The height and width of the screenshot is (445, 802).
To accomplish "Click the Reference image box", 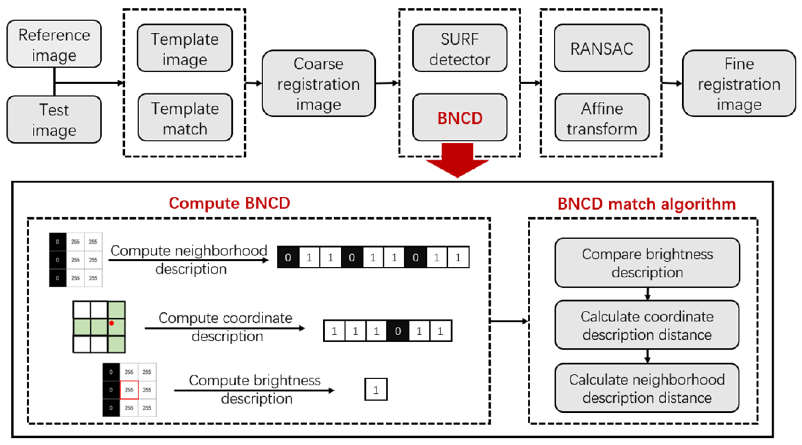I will (54, 44).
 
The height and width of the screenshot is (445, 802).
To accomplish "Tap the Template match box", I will (185, 118).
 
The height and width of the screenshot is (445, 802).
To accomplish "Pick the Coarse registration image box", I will (318, 84).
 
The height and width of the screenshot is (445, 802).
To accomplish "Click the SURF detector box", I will (460, 49).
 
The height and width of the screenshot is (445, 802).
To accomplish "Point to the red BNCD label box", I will (460, 118).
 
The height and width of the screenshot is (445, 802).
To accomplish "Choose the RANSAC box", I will (602, 49).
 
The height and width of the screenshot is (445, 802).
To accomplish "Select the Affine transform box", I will (602, 118).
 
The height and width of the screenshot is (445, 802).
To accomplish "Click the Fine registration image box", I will (739, 84).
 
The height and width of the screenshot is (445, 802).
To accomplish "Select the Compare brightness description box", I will (647, 263).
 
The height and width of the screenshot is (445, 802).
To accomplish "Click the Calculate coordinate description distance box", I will (647, 325).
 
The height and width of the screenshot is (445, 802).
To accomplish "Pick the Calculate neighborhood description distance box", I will (647, 388).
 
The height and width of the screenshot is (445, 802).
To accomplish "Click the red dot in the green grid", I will (111, 323).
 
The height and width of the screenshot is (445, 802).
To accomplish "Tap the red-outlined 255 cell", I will (129, 390).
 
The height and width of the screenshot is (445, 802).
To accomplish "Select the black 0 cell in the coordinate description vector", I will (397, 331).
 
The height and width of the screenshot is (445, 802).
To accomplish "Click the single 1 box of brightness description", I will (376, 389).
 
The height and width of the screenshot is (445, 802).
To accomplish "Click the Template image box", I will (185, 49).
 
